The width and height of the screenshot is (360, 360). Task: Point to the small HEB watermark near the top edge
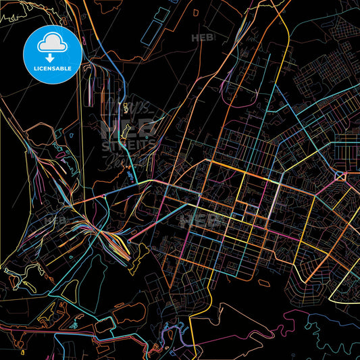tap(202, 38)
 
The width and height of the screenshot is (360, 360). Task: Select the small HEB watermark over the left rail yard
tap(55, 220)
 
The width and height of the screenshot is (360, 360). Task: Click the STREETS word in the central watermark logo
tap(129, 145)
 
